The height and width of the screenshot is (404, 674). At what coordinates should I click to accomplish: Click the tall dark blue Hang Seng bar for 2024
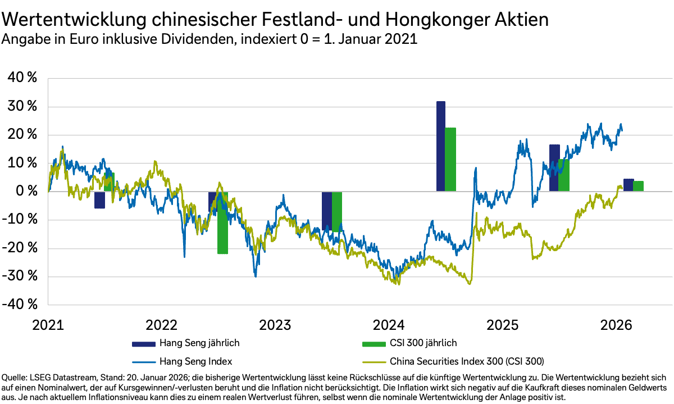tap(441, 146)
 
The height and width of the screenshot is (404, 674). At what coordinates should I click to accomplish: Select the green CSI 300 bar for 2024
tap(450, 160)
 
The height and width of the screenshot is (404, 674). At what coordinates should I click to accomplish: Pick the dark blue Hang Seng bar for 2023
tap(326, 211)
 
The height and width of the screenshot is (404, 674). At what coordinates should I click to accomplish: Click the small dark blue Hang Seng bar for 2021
tap(99, 199)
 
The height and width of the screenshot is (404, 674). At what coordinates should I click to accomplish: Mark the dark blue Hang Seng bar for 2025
tap(554, 168)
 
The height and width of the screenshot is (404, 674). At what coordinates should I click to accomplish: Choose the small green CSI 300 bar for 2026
tap(639, 186)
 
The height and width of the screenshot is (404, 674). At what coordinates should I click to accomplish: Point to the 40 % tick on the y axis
tap(22, 78)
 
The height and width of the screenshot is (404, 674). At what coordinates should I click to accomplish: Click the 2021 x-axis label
tap(47, 325)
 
